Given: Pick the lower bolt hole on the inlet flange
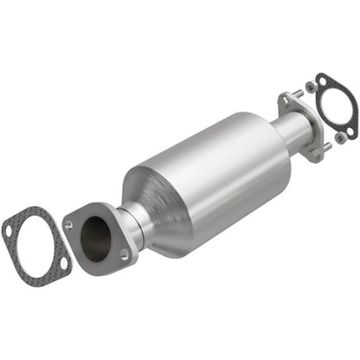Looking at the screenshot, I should pos(125,254).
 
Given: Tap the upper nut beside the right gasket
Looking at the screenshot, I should pos(309,87).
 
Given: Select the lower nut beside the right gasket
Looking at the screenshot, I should pos(340,137).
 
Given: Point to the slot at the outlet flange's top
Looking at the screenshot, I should pos(286,102).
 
